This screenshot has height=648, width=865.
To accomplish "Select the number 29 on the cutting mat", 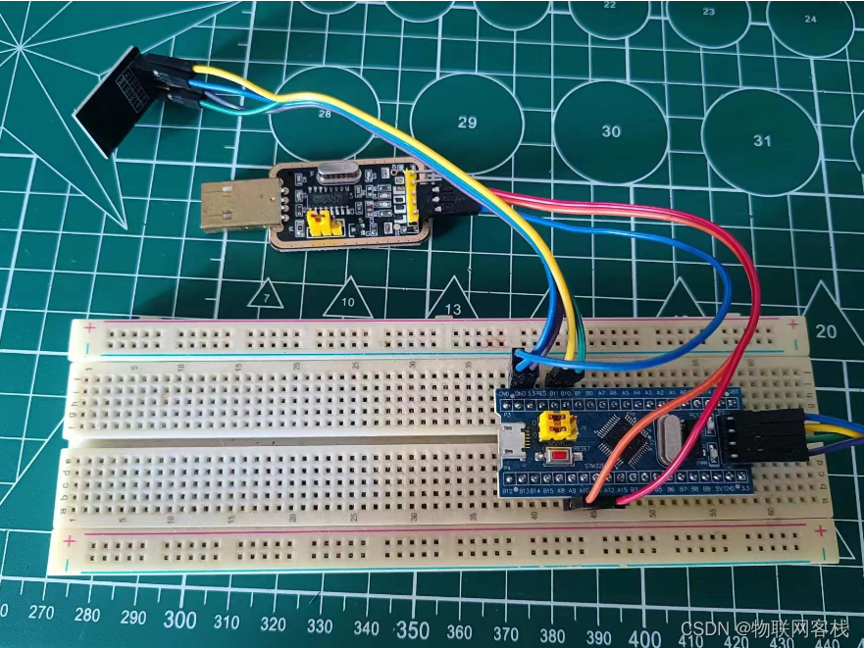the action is click(467, 123).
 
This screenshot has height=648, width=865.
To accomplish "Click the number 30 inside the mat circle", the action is click(611, 131).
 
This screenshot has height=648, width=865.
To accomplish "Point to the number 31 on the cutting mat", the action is click(762, 140).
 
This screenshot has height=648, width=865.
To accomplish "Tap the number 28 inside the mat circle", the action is click(325, 114).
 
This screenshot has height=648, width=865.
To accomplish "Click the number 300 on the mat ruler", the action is click(179, 620).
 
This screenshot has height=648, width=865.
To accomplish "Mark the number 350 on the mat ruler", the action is click(412, 628).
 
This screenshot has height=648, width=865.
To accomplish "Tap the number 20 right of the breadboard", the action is click(826, 331).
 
